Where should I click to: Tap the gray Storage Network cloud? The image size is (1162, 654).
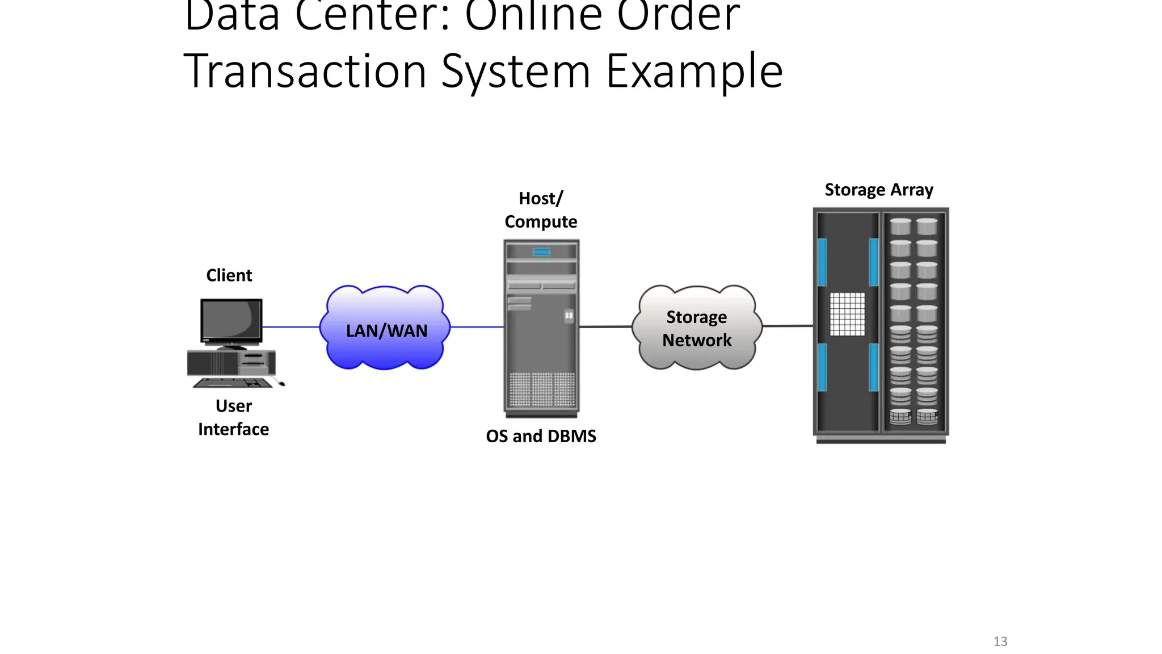697,328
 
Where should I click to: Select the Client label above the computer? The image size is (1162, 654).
229,275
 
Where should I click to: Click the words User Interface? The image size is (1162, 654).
233,417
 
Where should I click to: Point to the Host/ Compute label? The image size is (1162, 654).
541,210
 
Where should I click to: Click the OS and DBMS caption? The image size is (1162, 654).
541,436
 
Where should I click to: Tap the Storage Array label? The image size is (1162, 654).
878,190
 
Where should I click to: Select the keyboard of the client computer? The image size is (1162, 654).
233,383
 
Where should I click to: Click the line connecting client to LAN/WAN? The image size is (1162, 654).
290,327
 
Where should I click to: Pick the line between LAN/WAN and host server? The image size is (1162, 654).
477,327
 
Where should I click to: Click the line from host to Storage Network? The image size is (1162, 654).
605,326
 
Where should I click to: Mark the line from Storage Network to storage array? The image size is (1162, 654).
788,326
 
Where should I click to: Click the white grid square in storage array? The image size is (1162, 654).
847,314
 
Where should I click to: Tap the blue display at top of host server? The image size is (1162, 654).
541,252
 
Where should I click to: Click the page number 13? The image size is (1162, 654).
1000,642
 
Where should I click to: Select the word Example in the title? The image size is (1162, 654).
694,72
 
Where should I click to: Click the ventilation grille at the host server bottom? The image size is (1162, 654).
541,389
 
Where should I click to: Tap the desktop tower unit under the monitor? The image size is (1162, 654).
231,363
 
